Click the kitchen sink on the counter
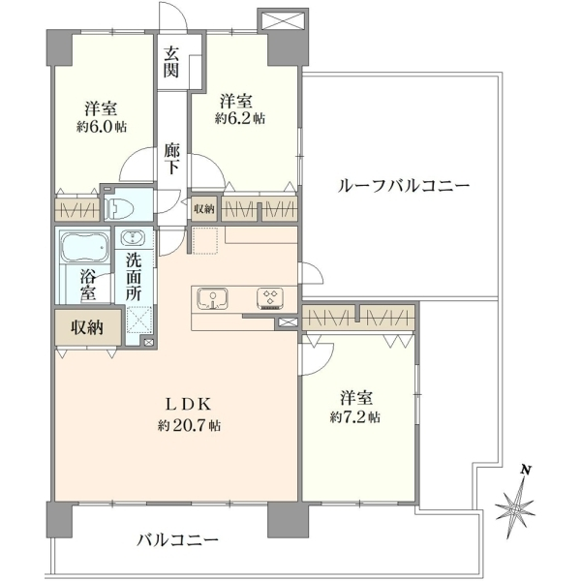click(212, 298)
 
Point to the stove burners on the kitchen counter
click(270, 298)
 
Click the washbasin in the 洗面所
click(133, 237)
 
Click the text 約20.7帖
click(189, 426)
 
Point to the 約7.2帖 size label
click(355, 417)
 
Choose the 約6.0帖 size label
click(102, 127)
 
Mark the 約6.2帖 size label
click(240, 118)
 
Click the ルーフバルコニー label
click(404, 185)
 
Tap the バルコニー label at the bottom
click(178, 540)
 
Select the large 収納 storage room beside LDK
click(88, 327)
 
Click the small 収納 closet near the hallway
click(204, 209)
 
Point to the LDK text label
click(188, 404)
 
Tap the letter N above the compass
click(525, 470)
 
